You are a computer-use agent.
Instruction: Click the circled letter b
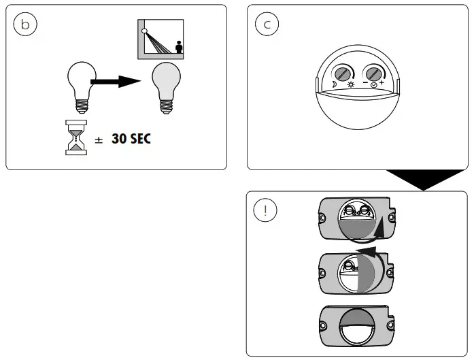(x=25, y=24)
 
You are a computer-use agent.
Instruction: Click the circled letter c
(x=267, y=24)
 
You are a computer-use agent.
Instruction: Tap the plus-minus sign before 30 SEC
(x=99, y=140)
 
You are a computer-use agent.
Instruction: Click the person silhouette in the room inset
(x=179, y=48)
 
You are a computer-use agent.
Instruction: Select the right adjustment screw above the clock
(x=373, y=73)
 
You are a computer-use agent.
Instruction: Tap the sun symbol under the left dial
(x=351, y=85)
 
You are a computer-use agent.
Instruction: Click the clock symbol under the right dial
(x=374, y=85)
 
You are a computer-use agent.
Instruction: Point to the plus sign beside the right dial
(x=382, y=82)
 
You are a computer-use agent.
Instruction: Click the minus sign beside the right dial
(x=365, y=82)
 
